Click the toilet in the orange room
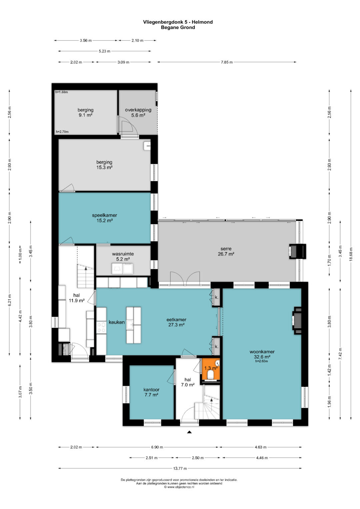click(211, 375)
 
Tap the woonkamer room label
click(262, 352)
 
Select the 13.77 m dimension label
click(180, 468)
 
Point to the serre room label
click(226, 249)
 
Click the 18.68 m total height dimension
click(351, 254)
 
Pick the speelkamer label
click(105, 215)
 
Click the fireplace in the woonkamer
click(297, 320)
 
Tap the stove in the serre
click(297, 251)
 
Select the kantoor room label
click(151, 390)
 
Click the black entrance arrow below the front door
click(189, 432)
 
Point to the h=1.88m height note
click(62, 92)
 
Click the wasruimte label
click(123, 254)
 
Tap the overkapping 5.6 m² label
click(138, 112)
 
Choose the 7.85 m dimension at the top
click(227, 62)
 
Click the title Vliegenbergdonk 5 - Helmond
click(178, 22)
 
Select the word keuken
click(117, 322)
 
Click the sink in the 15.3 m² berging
click(147, 146)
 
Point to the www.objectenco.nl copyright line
click(179, 487)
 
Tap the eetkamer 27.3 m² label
click(176, 322)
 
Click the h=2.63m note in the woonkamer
click(261, 361)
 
